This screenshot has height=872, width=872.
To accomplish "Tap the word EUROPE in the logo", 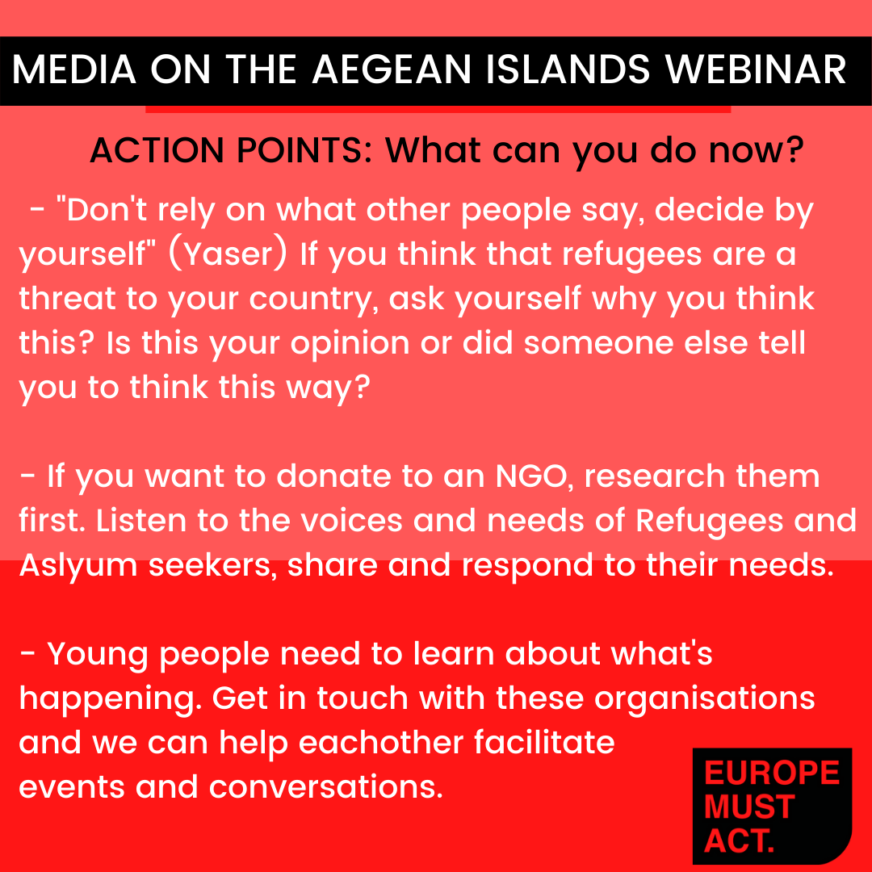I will [x=772, y=773].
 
